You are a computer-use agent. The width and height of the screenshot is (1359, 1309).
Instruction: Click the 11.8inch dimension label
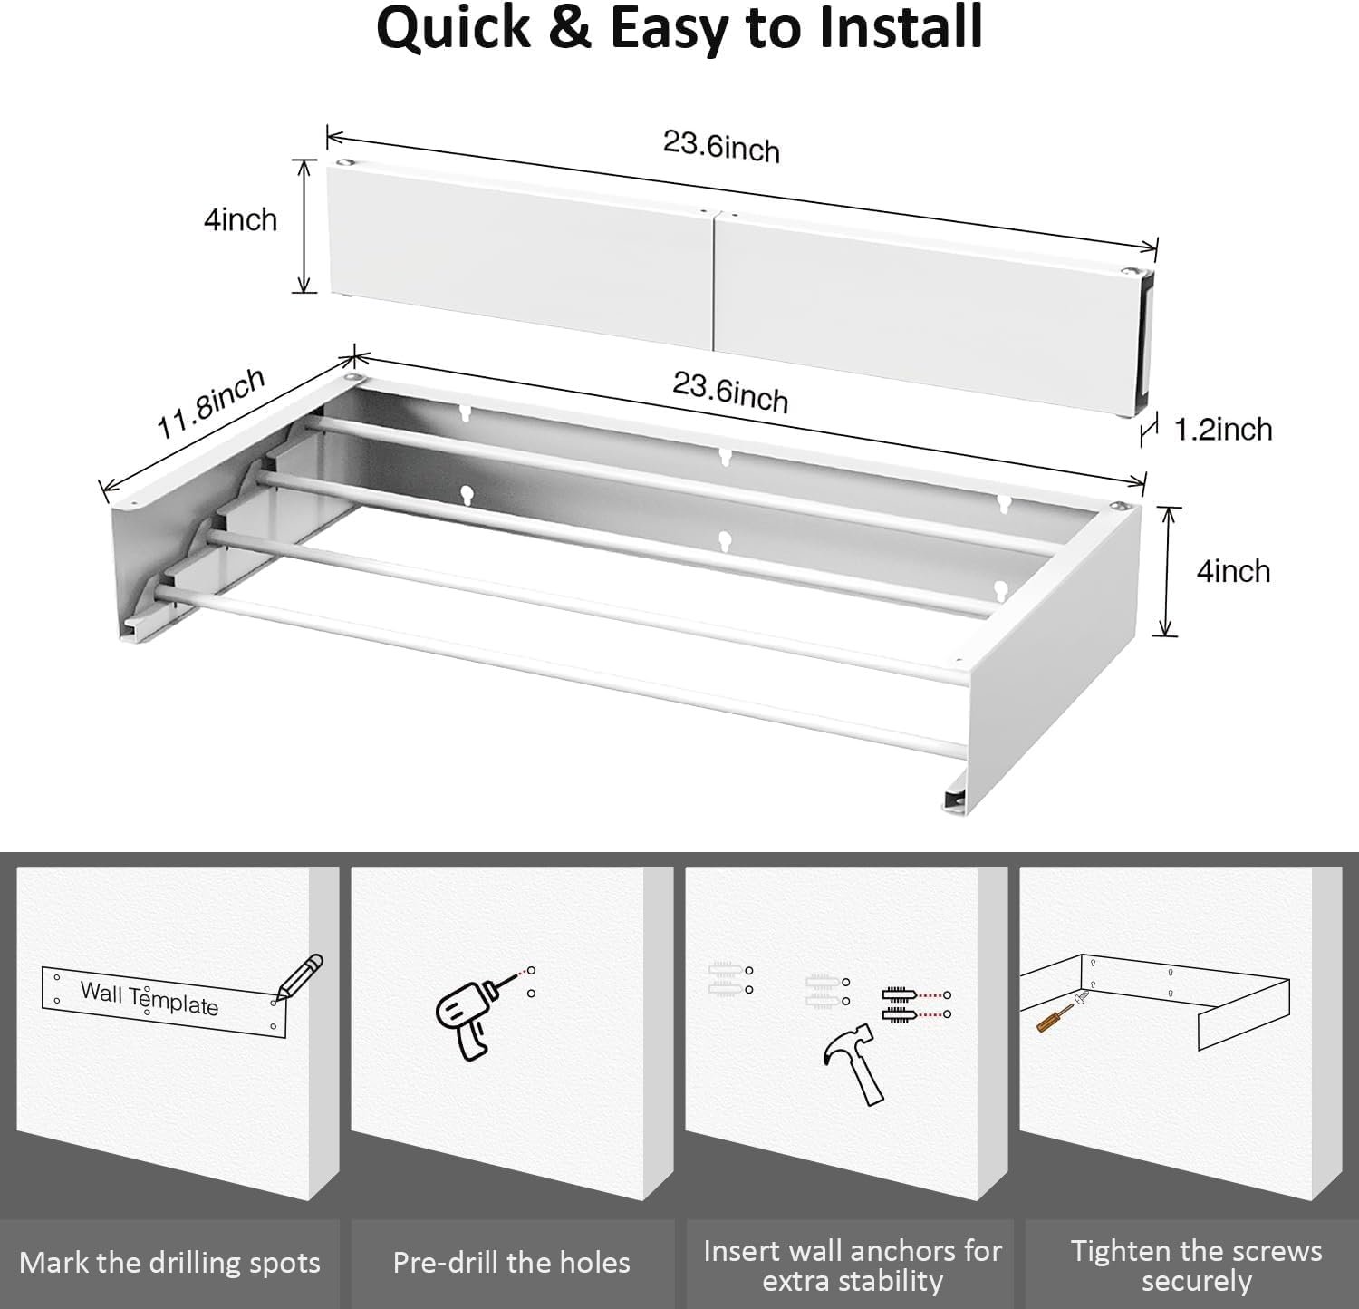pos(210,403)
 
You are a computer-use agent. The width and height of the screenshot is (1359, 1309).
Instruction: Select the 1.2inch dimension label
pos(1223,429)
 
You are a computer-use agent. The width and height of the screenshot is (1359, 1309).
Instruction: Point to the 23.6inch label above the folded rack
pos(721,146)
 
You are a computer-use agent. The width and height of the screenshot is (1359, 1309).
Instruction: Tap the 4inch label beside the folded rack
pos(240,219)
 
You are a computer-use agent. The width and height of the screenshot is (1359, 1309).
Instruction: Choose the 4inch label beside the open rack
pos(1232,571)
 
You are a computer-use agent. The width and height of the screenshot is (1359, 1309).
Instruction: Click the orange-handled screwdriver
pos(1053,1017)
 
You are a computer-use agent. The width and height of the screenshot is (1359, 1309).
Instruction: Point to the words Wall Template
pos(149,997)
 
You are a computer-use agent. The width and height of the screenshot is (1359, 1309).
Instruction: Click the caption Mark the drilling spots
pos(169,1263)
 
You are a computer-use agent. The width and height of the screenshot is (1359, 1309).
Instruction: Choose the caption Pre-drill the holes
pos(511,1263)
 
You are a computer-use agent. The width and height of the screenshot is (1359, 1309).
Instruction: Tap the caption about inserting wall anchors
pos(852,1265)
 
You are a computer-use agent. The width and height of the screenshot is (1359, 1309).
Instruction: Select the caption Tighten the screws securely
pos(1196,1265)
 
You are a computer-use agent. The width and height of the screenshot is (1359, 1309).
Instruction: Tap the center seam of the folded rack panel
pos(716,281)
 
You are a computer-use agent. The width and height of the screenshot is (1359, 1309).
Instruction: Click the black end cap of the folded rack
pos(1146,340)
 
